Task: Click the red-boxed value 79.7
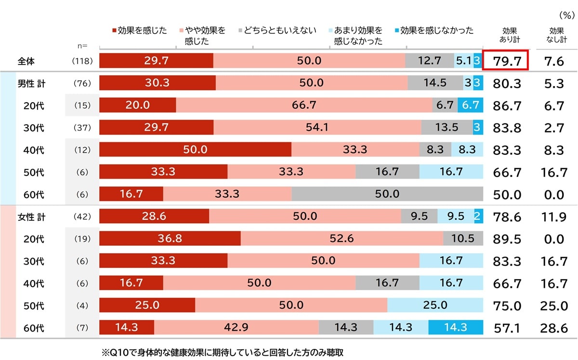click(x=506, y=61)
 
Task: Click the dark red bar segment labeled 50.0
click(x=195, y=149)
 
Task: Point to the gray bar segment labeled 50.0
click(x=387, y=194)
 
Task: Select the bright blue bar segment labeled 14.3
click(x=455, y=327)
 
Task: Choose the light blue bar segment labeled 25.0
click(x=435, y=305)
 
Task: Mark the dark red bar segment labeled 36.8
click(x=170, y=239)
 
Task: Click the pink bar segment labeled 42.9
click(x=236, y=327)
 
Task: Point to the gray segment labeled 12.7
click(x=429, y=61)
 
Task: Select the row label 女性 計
click(x=31, y=217)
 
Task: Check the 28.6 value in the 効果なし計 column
click(x=553, y=328)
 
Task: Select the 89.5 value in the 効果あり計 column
click(x=506, y=239)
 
